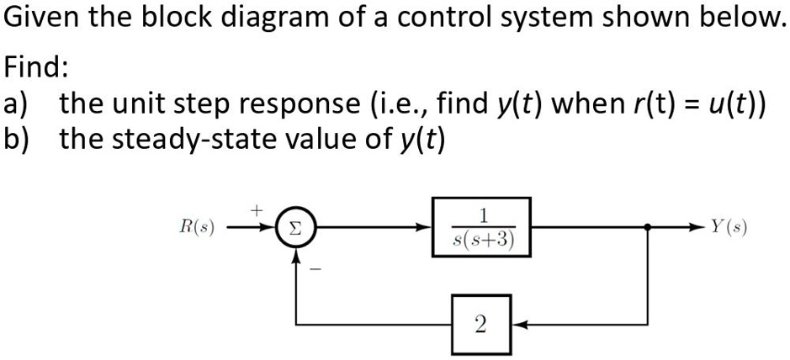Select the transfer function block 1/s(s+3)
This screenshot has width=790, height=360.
[x=481, y=226]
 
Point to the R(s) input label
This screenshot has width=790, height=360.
[x=198, y=227]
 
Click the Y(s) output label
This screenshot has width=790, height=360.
[x=729, y=227]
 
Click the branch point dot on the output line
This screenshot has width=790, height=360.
[x=647, y=227]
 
